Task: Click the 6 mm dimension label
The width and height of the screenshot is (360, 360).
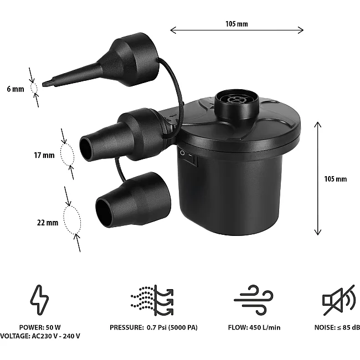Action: (x=16, y=89)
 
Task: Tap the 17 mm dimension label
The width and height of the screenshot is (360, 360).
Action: (x=44, y=155)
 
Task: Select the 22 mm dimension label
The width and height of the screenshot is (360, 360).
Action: (x=48, y=223)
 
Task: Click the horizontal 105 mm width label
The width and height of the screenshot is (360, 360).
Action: (x=236, y=24)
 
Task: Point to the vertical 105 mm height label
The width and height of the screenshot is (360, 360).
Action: (x=336, y=179)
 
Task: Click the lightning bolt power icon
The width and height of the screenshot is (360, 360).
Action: (x=39, y=300)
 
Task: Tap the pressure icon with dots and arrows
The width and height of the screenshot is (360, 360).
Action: (x=152, y=300)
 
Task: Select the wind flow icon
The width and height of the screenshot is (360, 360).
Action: (x=254, y=300)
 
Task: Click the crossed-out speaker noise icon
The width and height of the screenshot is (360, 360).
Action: (x=338, y=300)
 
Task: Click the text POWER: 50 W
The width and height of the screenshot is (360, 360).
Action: (x=40, y=327)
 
